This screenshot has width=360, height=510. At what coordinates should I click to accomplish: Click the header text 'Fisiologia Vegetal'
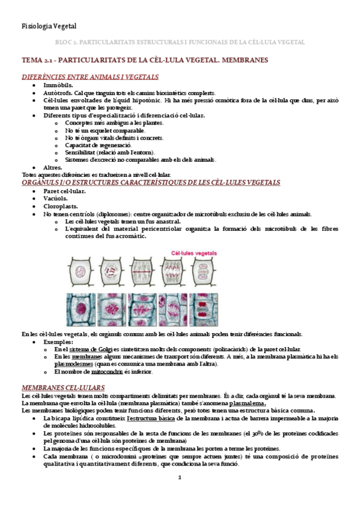[x=49, y=26]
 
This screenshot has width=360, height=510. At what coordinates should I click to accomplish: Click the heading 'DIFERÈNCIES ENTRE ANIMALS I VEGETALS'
[x=90, y=77]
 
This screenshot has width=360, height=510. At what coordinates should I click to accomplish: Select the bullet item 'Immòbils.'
[x=58, y=86]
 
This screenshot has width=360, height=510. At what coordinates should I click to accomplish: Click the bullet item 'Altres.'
[x=53, y=167]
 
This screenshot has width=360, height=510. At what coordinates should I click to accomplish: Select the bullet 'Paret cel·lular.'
[x=64, y=191]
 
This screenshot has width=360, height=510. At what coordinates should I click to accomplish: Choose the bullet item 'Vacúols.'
[x=55, y=198]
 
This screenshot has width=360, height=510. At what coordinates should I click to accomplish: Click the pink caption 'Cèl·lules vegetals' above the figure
[x=195, y=253]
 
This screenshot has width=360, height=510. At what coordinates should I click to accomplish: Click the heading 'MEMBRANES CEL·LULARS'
[x=63, y=370]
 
